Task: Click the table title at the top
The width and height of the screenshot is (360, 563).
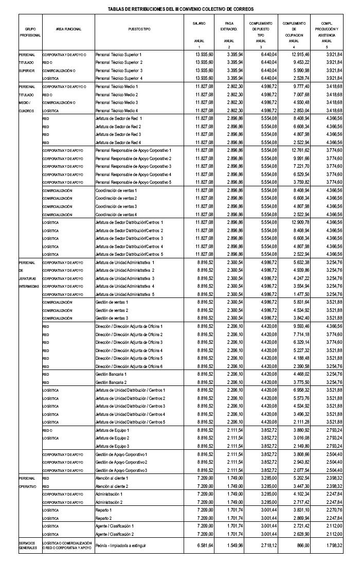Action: (x=181, y=9)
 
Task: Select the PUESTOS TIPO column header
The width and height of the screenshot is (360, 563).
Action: (x=139, y=29)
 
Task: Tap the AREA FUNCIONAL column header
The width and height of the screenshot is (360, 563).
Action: (x=68, y=29)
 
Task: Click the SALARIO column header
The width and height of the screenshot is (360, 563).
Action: (x=199, y=24)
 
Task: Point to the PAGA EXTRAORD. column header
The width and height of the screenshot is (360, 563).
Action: (x=229, y=26)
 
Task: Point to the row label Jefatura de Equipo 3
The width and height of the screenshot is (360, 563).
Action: (x=113, y=446)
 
